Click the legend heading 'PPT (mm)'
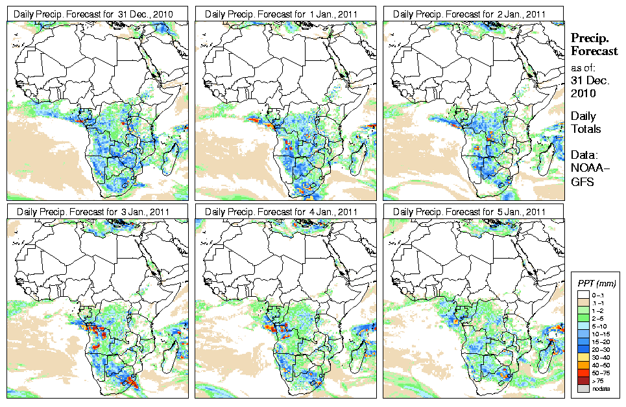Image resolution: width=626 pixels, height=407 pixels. [597, 283]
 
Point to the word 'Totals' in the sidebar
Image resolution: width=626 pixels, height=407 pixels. [586, 128]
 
